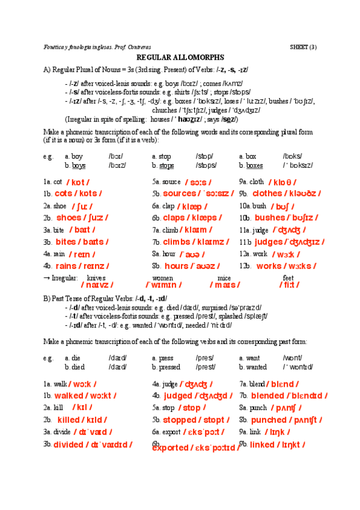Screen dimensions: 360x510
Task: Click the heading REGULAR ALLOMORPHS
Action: click(180, 57)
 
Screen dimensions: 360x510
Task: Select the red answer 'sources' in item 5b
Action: click(179, 194)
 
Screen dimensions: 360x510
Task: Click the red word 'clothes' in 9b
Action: click(267, 194)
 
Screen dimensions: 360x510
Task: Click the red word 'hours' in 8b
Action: click(177, 266)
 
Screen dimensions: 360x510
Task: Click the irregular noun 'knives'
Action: click(96, 278)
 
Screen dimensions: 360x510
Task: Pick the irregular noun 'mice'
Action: click(224, 278)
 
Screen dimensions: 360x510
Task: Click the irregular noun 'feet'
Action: click(288, 278)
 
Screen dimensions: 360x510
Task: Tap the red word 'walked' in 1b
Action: click(69, 396)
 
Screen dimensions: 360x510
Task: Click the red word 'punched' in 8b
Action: click(269, 420)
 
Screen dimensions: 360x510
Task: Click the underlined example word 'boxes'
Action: click(254, 165)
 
